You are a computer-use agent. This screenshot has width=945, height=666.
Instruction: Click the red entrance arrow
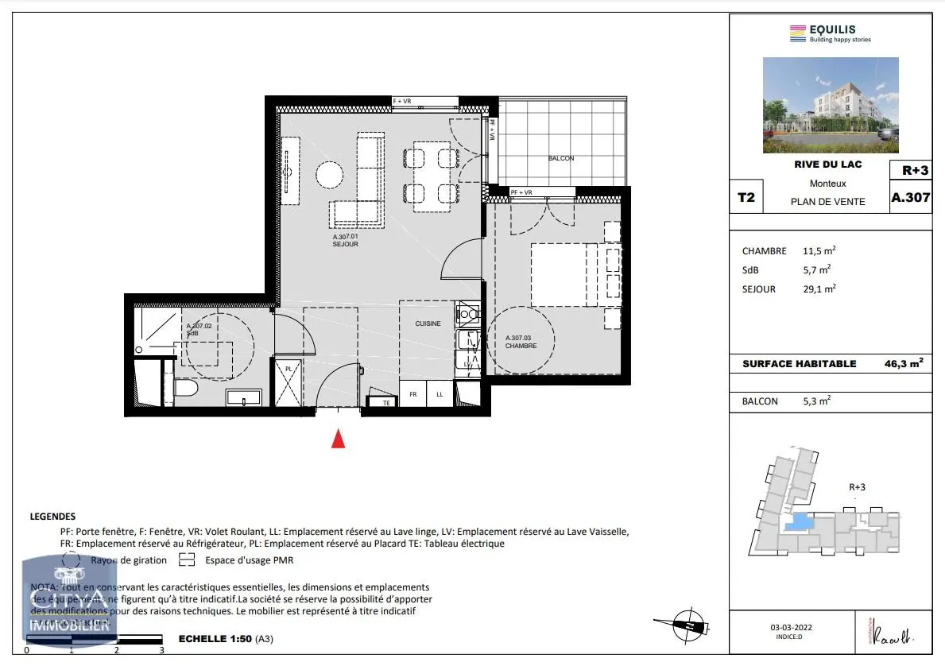[338, 439]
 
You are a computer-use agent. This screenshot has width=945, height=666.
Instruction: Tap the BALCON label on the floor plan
[560, 158]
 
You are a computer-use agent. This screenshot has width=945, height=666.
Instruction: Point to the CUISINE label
[428, 323]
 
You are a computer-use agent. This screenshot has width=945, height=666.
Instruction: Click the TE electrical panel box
[385, 402]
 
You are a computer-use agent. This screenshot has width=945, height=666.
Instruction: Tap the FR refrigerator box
[413, 394]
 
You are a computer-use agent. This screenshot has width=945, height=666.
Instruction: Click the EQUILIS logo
[830, 33]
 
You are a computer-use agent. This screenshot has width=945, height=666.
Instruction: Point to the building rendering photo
[831, 105]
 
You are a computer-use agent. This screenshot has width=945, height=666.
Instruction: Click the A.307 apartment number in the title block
[910, 198]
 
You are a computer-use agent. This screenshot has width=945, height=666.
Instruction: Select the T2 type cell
[746, 198]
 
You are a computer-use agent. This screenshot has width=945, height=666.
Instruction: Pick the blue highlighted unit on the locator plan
[797, 524]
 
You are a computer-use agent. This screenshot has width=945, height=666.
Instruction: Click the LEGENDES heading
[52, 516]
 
